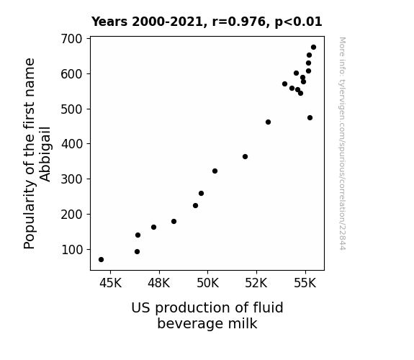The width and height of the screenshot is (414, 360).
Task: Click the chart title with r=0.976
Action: click(207, 22)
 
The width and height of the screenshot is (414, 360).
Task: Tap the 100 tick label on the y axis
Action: click(71, 250)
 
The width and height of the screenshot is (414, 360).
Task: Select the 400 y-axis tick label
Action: click(71, 144)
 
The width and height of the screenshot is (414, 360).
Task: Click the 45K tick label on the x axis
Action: click(110, 283)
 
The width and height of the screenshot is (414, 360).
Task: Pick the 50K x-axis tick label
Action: click(208, 283)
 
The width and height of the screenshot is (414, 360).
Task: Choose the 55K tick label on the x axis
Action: click(305, 283)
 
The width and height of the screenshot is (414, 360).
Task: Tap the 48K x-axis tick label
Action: click(159, 283)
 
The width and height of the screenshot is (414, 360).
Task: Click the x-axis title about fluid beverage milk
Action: click(207, 315)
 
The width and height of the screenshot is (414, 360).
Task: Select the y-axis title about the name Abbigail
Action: click(37, 153)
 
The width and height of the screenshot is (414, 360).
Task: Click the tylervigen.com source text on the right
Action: click(342, 143)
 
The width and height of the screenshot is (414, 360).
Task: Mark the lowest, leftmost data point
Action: click(101, 260)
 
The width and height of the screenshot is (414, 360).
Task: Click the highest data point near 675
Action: click(313, 48)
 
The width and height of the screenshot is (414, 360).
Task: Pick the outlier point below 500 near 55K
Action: click(310, 118)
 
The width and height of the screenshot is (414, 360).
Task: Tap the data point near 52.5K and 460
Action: click(268, 122)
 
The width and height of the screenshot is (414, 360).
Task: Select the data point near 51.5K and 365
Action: click(245, 157)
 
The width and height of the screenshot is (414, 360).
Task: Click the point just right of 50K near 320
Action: click(215, 171)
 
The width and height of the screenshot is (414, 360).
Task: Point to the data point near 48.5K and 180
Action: click(174, 221)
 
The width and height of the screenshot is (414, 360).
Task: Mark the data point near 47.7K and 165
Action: click(153, 227)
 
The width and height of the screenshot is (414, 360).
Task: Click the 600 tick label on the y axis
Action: click(71, 74)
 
